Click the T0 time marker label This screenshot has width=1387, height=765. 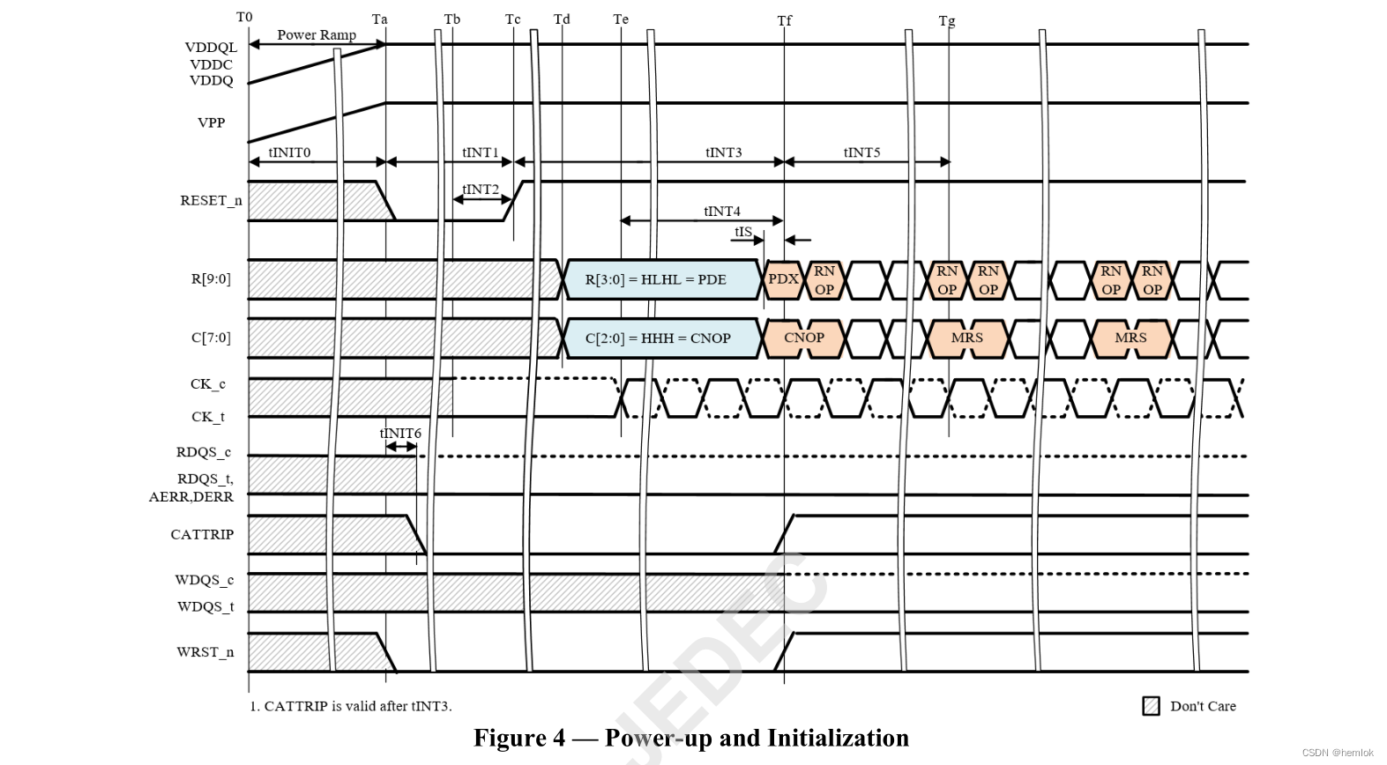tap(244, 17)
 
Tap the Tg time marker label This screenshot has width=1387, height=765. tap(947, 20)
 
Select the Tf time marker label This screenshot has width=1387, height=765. tap(784, 20)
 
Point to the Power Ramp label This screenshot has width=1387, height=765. tap(317, 35)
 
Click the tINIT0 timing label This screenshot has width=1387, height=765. tap(289, 152)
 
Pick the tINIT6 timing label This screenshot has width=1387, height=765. tap(400, 433)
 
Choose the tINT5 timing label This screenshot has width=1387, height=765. tap(861, 152)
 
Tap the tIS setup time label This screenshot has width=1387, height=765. tap(743, 232)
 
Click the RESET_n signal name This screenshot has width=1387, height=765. tap(211, 200)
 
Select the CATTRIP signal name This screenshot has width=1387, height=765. tap(202, 534)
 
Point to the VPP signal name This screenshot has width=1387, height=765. tap(211, 123)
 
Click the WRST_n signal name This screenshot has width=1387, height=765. tap(205, 652)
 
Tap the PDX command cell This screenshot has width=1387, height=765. tap(783, 279)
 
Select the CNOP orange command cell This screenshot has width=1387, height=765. tap(803, 338)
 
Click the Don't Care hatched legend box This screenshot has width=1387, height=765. tap(1151, 706)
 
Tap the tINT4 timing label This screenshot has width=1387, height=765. tap(722, 211)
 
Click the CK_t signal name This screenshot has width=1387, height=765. tap(208, 417)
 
